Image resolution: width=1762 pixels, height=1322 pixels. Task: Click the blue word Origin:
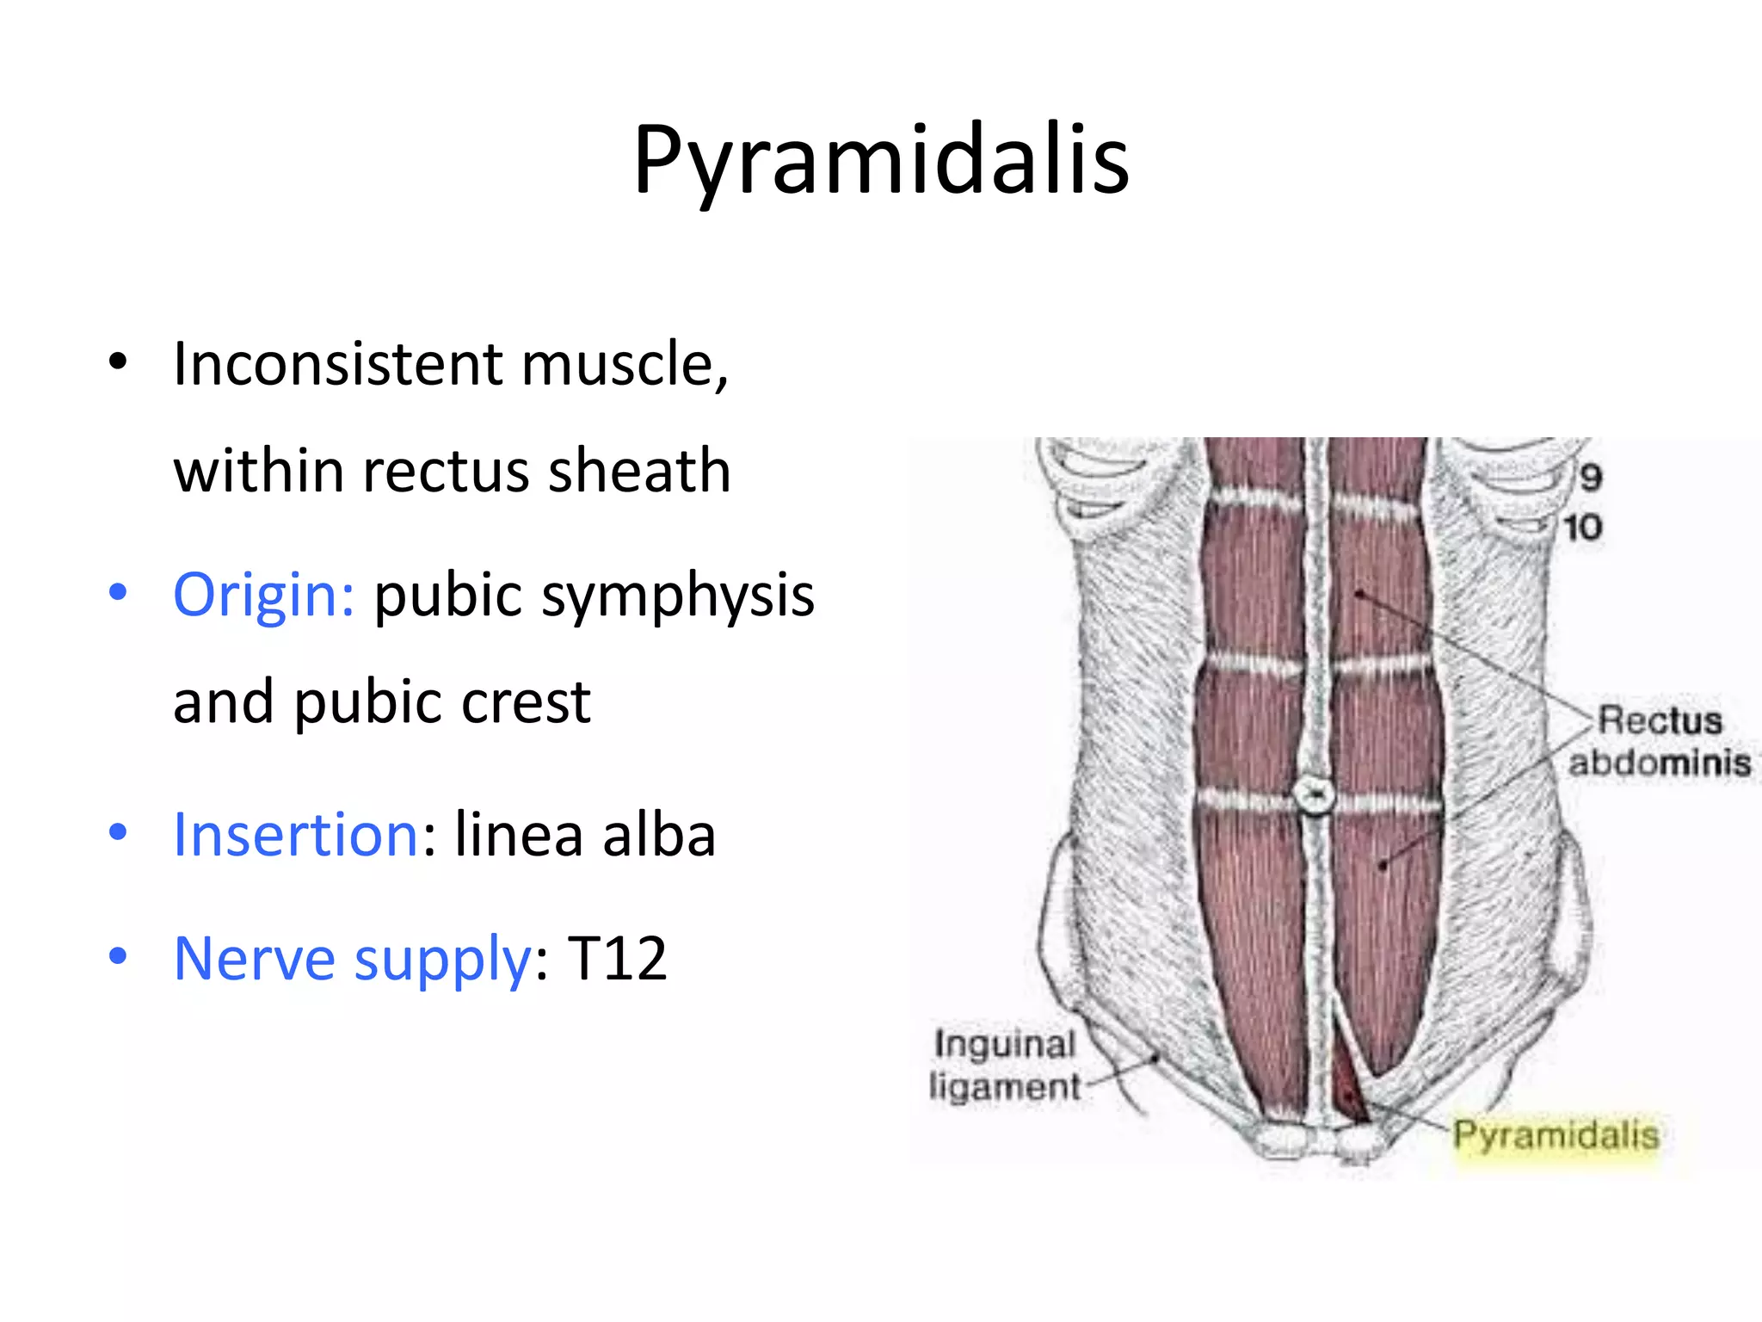tap(263, 595)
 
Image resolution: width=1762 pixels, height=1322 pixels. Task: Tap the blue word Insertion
tap(296, 834)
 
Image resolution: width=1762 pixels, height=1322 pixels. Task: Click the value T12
tap(617, 959)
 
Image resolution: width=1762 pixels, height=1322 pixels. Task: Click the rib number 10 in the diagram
tap(1582, 528)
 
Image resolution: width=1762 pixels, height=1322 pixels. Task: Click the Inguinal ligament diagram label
tap(1004, 1066)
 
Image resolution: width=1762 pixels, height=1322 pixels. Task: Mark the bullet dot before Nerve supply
tap(118, 955)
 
